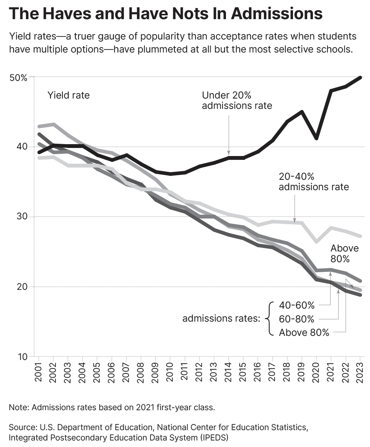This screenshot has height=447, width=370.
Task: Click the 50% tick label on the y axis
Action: (18, 77)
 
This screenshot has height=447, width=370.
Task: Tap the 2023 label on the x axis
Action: (360, 371)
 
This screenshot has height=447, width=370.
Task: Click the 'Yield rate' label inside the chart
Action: (68, 95)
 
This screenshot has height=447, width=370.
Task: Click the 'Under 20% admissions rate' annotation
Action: (237, 100)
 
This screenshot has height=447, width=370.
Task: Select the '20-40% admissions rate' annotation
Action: (314, 181)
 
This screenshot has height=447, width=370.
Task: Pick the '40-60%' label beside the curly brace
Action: (296, 306)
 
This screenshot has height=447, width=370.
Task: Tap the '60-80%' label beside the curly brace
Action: (296, 319)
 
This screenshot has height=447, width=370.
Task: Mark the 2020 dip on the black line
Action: (316, 138)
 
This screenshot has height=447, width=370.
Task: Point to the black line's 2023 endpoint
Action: (360, 77)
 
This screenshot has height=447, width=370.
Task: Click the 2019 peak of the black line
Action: (302, 112)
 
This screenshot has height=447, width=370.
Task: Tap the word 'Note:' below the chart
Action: (19, 407)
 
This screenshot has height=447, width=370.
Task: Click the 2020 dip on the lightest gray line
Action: (316, 242)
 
